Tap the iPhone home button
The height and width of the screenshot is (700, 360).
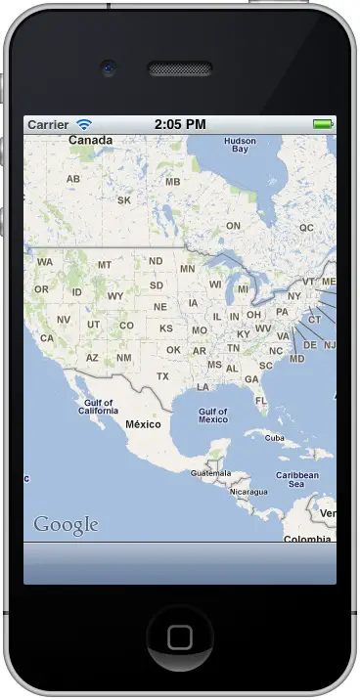click(x=179, y=637)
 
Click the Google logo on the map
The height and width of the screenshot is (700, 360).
click(x=66, y=525)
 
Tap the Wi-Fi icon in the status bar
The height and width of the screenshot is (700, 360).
click(x=84, y=125)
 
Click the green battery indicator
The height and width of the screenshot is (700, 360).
click(x=322, y=125)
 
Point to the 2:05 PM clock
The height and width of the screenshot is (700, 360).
click(x=180, y=125)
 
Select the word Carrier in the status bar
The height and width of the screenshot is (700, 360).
click(x=48, y=125)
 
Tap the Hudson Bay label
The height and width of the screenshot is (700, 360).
click(x=240, y=146)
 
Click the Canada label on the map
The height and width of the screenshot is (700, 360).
click(x=90, y=141)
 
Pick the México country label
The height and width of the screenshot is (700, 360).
click(x=143, y=425)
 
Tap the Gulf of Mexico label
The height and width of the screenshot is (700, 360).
click(x=212, y=416)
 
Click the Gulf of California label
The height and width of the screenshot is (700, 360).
click(x=99, y=407)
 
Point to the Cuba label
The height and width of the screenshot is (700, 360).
click(x=275, y=438)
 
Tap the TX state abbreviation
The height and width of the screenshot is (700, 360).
click(x=162, y=376)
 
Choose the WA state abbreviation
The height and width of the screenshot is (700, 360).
click(x=45, y=262)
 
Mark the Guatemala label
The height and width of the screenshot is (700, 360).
click(x=210, y=473)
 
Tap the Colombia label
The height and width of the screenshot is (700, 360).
click(x=306, y=539)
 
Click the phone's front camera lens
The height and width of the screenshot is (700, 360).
click(x=108, y=69)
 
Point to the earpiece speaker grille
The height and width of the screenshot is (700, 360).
click(x=179, y=69)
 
